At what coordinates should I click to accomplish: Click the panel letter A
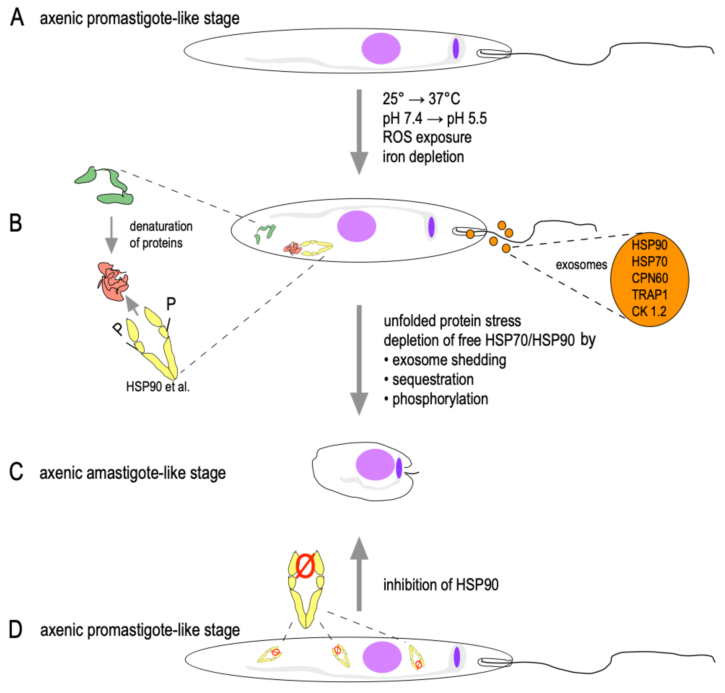click(x=17, y=18)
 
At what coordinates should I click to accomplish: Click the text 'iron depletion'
click(x=423, y=157)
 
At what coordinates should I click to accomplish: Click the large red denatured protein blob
click(x=113, y=281)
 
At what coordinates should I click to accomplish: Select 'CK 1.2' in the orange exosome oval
click(x=649, y=311)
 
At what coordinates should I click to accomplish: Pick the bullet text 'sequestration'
click(x=433, y=379)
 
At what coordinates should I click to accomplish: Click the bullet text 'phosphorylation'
click(x=440, y=399)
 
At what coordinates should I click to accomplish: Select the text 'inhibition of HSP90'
click(x=441, y=585)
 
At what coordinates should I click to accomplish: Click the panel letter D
click(x=16, y=629)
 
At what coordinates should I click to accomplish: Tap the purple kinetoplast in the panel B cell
click(x=431, y=227)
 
